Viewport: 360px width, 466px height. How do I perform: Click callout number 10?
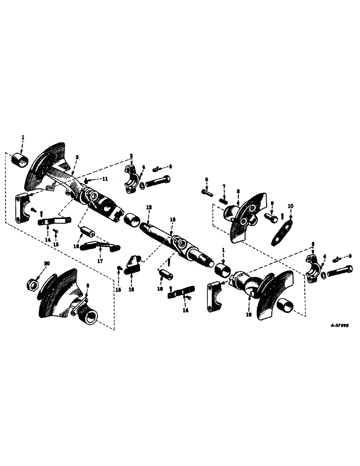tap(291, 205)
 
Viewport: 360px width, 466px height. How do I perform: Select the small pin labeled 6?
tap(208, 191)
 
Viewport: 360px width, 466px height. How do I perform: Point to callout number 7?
tap(223, 186)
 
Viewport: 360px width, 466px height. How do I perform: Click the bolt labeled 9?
tap(270, 216)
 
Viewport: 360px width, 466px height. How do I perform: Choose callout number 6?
tap(206, 179)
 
